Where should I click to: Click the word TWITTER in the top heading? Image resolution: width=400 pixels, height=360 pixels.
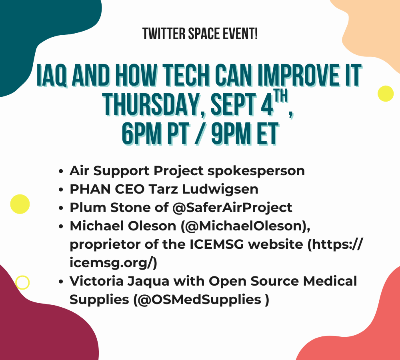[x=164, y=34]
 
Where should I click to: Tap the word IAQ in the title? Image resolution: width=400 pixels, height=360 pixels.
[x=52, y=75]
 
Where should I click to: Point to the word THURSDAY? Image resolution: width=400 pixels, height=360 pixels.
[x=151, y=104]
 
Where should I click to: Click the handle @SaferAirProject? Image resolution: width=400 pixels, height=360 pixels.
[x=232, y=208]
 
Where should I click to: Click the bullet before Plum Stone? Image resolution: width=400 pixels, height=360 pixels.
[x=61, y=208]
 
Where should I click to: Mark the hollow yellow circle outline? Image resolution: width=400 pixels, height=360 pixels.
[x=22, y=276]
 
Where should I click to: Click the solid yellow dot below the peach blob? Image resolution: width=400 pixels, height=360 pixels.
[x=386, y=94]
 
